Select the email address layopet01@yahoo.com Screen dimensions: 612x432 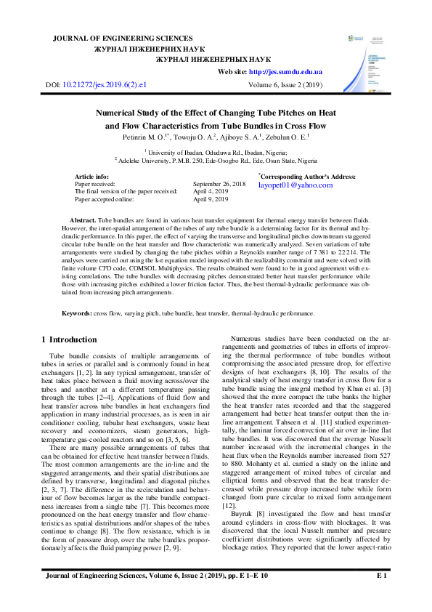pyautogui.click(x=296, y=185)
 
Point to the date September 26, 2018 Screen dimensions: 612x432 pyautogui.click(x=219, y=185)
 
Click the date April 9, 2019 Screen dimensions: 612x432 pyautogui.click(x=211, y=198)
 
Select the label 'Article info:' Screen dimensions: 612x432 pyautogui.click(x=91, y=177)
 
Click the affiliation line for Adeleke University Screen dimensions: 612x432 pyautogui.click(x=216, y=160)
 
